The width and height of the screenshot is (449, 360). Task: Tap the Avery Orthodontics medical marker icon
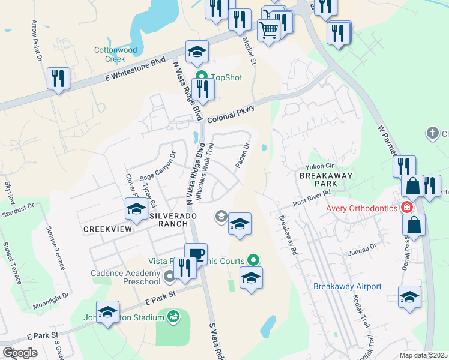[407, 208]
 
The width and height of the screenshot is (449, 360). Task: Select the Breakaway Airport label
[347, 286]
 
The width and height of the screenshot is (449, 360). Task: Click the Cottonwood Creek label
[110, 55]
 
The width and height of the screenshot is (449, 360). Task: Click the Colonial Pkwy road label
[231, 115]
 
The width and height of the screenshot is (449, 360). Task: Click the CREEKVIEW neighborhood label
[107, 229]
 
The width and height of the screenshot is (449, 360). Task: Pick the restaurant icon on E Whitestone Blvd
[58, 78]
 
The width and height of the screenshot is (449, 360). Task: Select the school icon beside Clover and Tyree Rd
[136, 209]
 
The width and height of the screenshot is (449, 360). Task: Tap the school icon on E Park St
[107, 313]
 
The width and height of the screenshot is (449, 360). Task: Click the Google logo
[20, 352]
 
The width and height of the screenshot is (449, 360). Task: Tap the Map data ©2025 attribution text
[424, 355]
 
